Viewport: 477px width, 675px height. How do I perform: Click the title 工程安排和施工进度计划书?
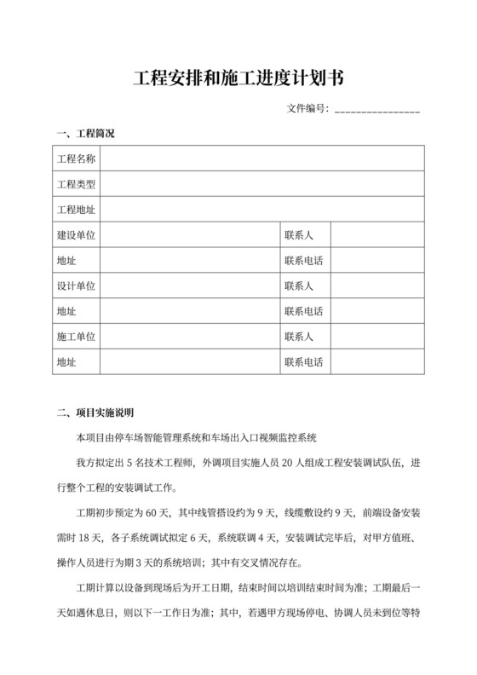pyautogui.click(x=238, y=79)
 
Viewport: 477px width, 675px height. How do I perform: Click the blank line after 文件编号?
pyautogui.click(x=377, y=111)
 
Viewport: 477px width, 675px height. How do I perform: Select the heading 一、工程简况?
pyautogui.click(x=84, y=135)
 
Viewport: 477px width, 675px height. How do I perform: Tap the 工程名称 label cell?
pyautogui.click(x=76, y=159)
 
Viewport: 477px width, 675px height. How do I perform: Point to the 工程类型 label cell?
pyautogui.click(x=76, y=184)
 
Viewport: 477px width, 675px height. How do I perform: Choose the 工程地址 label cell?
pyautogui.click(x=76, y=210)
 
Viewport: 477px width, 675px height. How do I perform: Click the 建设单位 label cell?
pyautogui.click(x=76, y=234)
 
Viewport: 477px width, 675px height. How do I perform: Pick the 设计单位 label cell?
pyautogui.click(x=76, y=286)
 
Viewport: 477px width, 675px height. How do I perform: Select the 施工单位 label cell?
pyautogui.click(x=76, y=337)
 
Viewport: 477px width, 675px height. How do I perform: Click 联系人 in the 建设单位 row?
pyautogui.click(x=299, y=234)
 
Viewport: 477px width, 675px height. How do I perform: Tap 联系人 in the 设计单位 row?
pyautogui.click(x=299, y=286)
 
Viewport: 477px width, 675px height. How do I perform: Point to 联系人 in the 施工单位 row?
pyautogui.click(x=299, y=337)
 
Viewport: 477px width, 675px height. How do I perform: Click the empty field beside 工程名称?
pyautogui.click(x=261, y=159)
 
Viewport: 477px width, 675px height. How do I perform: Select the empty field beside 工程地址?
pyautogui.click(x=261, y=210)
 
